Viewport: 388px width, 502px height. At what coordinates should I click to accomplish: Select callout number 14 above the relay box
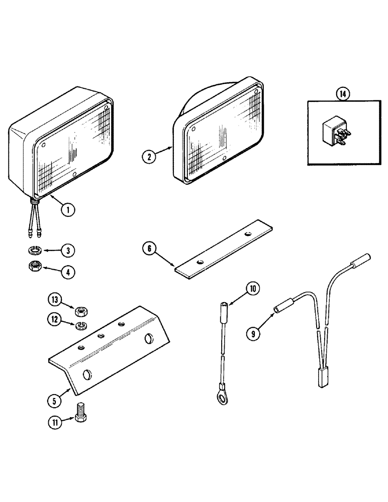point(343,93)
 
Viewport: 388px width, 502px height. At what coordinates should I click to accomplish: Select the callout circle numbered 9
point(254,331)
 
